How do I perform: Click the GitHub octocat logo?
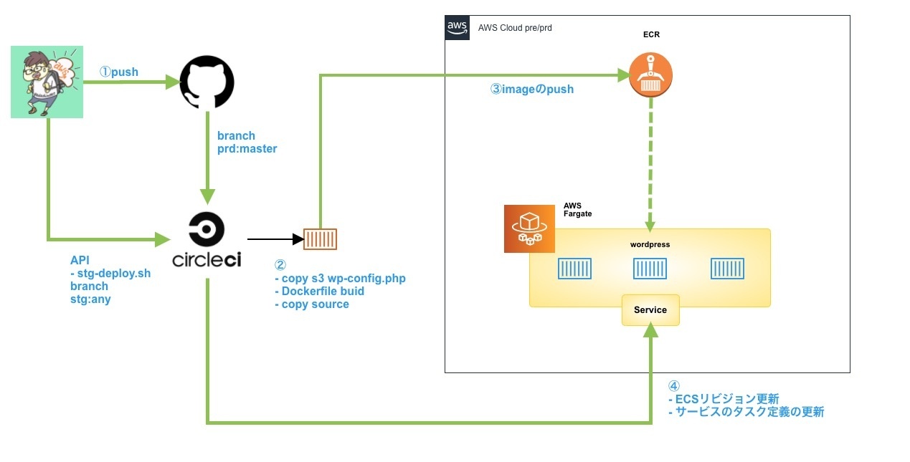tap(207, 83)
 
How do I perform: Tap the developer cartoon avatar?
tap(47, 82)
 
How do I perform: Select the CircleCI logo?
tap(207, 240)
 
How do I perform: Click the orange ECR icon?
tap(650, 75)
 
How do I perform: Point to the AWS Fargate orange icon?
tap(529, 229)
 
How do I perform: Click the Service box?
tap(650, 310)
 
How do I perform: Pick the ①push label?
tap(118, 72)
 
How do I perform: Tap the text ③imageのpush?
tap(532, 90)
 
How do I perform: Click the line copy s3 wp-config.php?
tap(340, 278)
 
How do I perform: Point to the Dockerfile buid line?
tap(319, 291)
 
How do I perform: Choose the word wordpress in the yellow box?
tap(650, 244)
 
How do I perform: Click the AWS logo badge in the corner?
tap(457, 27)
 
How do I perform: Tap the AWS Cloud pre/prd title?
tap(515, 28)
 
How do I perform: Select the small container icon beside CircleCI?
tap(320, 239)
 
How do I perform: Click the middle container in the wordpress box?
tap(650, 269)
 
